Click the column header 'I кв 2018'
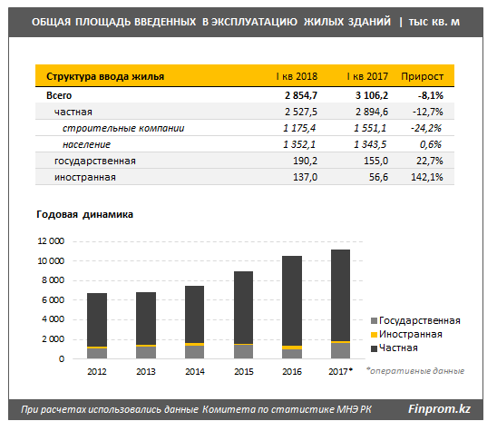(297, 76)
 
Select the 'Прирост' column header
(423, 76)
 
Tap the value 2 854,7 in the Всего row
(301, 95)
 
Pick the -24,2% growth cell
(426, 128)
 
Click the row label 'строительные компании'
(123, 128)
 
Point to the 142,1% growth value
(427, 177)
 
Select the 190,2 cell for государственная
(305, 161)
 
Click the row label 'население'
(86, 144)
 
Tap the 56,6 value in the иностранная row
(378, 177)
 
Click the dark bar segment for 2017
(340, 295)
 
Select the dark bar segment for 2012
(97, 319)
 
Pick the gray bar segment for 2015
(243, 352)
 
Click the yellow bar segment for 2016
(292, 348)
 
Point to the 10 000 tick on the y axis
(51, 261)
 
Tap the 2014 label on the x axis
(195, 371)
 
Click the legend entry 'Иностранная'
(406, 334)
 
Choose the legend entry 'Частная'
(395, 348)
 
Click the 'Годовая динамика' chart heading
(84, 215)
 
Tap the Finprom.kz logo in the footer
(439, 409)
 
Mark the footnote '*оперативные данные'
(414, 371)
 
